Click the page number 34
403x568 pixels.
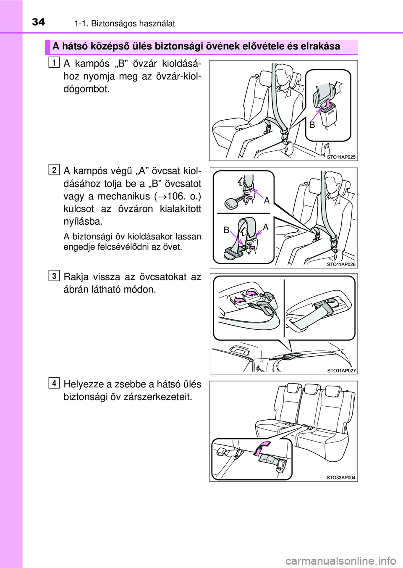(x=38, y=21)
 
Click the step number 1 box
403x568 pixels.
(x=53, y=63)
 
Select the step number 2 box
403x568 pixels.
(x=53, y=170)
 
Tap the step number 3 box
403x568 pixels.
(x=53, y=276)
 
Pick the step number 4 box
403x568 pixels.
(x=53, y=383)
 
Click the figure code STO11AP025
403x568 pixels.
(x=341, y=157)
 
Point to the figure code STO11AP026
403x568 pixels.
(x=341, y=264)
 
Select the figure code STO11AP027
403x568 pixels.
(x=341, y=371)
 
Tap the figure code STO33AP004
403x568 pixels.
(x=341, y=478)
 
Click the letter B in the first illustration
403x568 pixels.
(x=312, y=125)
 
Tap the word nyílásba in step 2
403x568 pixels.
(x=83, y=221)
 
